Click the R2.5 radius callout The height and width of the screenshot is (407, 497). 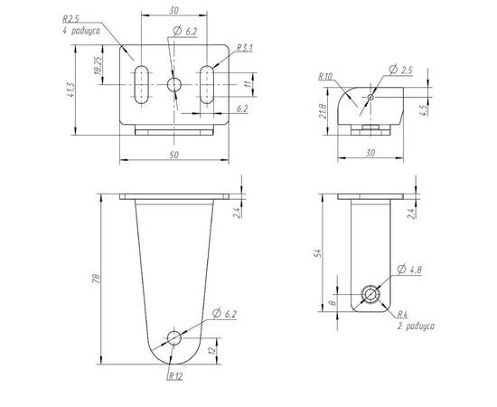point(70,19)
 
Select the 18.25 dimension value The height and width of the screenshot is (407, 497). point(98,65)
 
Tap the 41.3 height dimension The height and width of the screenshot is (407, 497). point(70,90)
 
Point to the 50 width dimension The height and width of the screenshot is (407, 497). point(174,155)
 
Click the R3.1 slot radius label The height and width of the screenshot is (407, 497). point(245,48)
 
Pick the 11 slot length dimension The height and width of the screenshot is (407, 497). point(248,84)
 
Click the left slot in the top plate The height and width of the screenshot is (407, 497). point(141,85)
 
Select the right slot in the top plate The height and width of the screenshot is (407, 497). point(207,85)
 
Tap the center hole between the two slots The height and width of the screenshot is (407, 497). point(174,85)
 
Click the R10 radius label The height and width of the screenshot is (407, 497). point(325,76)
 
